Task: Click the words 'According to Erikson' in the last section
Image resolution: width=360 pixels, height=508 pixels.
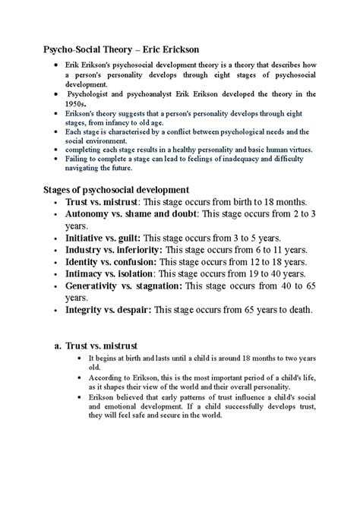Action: coord(122,377)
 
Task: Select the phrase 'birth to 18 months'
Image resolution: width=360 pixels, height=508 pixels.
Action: coord(262,203)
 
